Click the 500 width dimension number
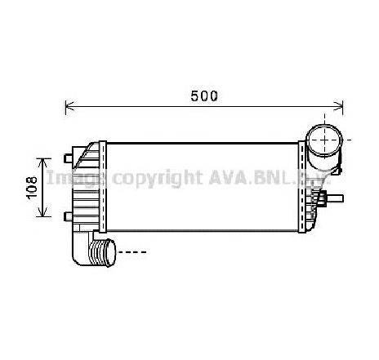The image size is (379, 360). point(204,95)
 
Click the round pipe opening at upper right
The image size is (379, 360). point(323,141)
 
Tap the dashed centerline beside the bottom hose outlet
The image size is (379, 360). point(132,252)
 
